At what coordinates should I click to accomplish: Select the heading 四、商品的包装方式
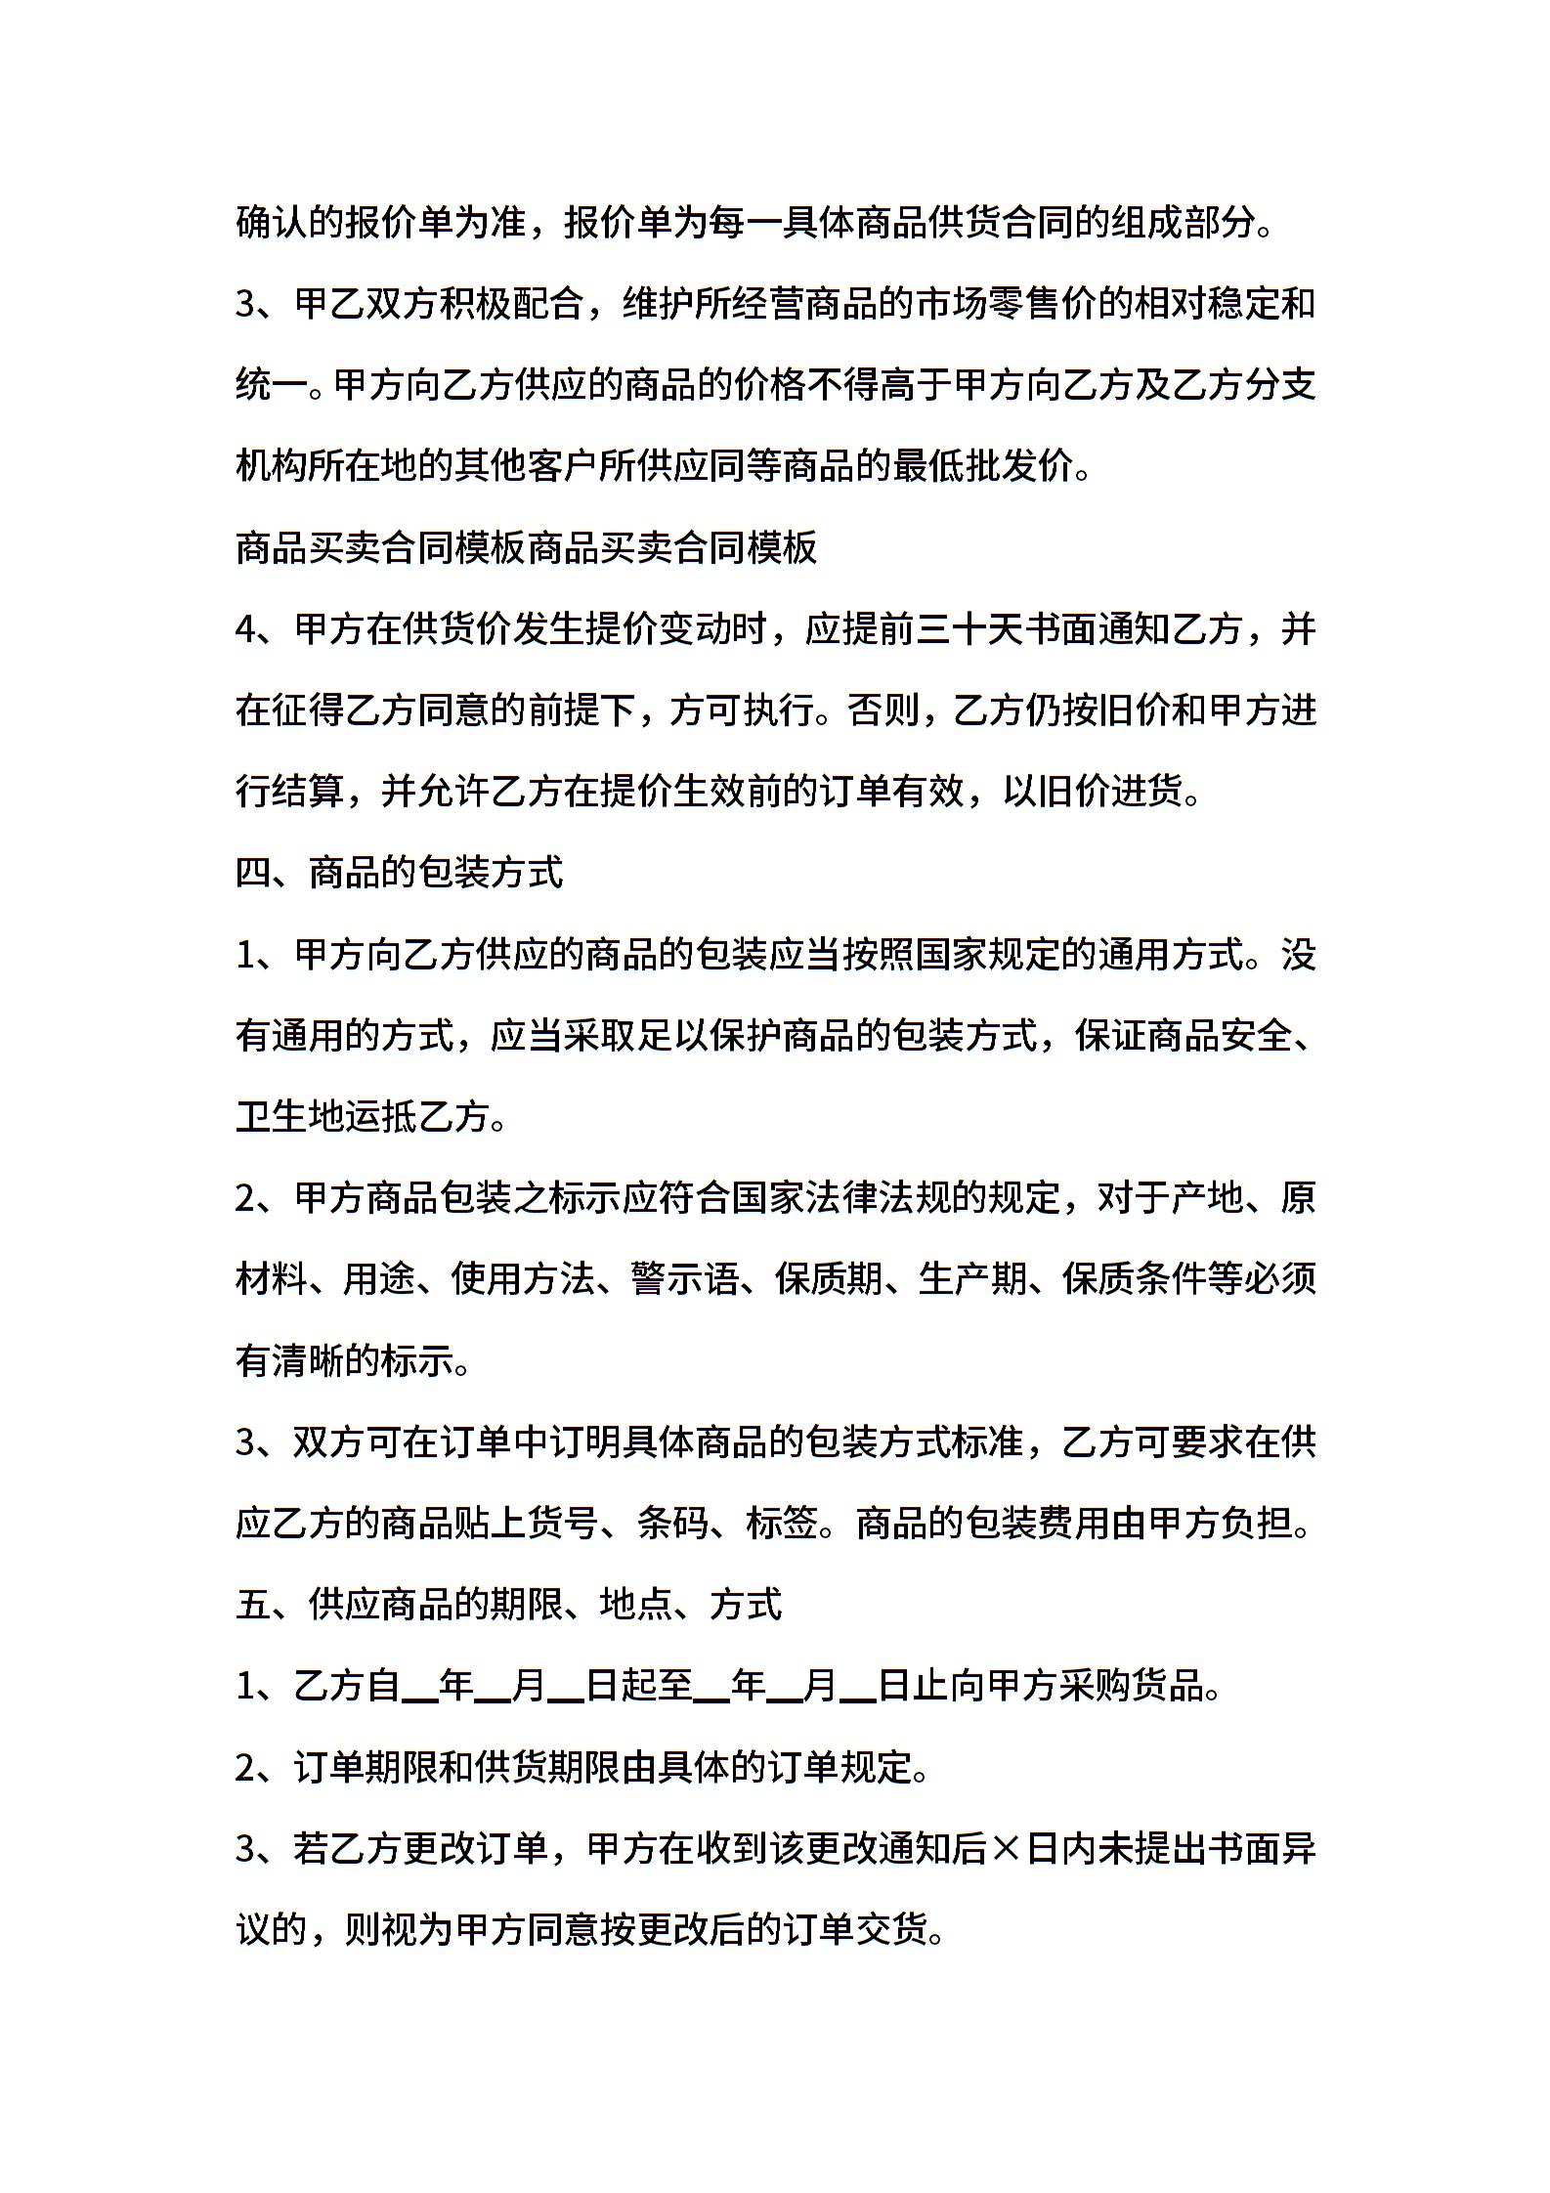click(x=400, y=873)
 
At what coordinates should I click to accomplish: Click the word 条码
click(x=672, y=1523)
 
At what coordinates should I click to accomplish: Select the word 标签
click(x=782, y=1523)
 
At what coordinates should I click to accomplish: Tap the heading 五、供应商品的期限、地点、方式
click(x=508, y=1604)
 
